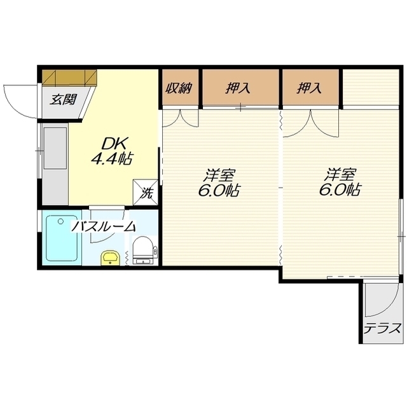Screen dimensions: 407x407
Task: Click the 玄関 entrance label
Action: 64,99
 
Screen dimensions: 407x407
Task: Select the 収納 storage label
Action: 179,88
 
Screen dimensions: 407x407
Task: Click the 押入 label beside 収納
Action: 238,88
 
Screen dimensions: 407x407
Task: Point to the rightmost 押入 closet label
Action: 309,88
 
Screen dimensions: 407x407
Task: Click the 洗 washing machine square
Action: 146,192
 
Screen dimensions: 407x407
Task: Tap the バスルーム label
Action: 104,226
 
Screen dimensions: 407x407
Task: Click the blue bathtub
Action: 62,238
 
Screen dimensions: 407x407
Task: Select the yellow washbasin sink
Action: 110,258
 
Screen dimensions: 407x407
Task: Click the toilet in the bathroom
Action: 142,251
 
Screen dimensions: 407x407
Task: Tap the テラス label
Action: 382,329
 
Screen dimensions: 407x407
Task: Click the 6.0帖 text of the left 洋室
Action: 219,190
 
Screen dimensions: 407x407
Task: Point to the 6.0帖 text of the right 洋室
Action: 340,190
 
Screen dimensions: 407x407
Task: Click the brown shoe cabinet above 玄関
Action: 69,78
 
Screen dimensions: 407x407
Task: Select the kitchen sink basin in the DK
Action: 55,148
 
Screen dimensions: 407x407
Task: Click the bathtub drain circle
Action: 61,221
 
